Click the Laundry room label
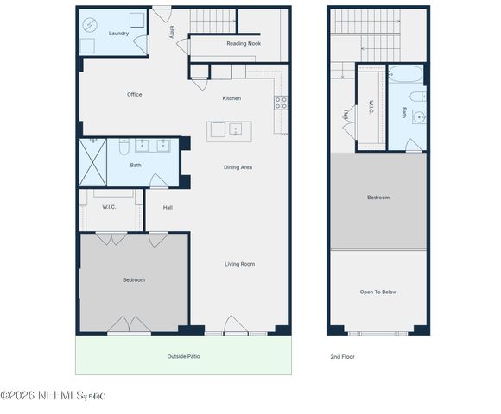tap(118, 34)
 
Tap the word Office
tap(134, 95)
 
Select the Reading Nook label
tap(244, 43)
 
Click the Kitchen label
tap(231, 98)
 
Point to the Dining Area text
tap(238, 167)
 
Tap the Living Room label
tap(239, 264)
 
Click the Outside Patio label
tap(183, 355)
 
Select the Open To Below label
tap(378, 292)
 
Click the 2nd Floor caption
tap(342, 356)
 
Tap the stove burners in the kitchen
tap(282, 103)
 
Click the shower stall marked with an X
tap(92, 161)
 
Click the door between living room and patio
tap(235, 326)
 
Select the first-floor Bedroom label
tap(134, 279)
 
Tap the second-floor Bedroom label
tap(378, 198)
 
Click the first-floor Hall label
tap(168, 207)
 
